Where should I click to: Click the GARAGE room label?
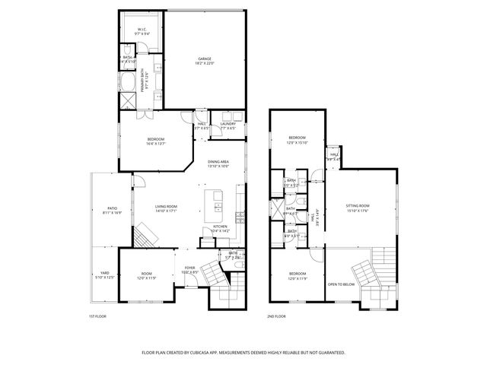[x=205, y=59]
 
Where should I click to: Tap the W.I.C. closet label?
[x=142, y=29]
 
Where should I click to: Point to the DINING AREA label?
[x=218, y=161]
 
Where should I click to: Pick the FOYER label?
[x=189, y=267]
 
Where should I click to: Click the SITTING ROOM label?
[x=357, y=206]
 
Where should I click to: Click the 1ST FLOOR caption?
[x=97, y=316]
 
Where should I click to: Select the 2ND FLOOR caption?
[x=276, y=316]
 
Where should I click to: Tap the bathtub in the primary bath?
[x=127, y=80]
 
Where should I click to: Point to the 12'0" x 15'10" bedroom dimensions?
[x=297, y=142]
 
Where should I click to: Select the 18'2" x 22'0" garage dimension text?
[x=205, y=63]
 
